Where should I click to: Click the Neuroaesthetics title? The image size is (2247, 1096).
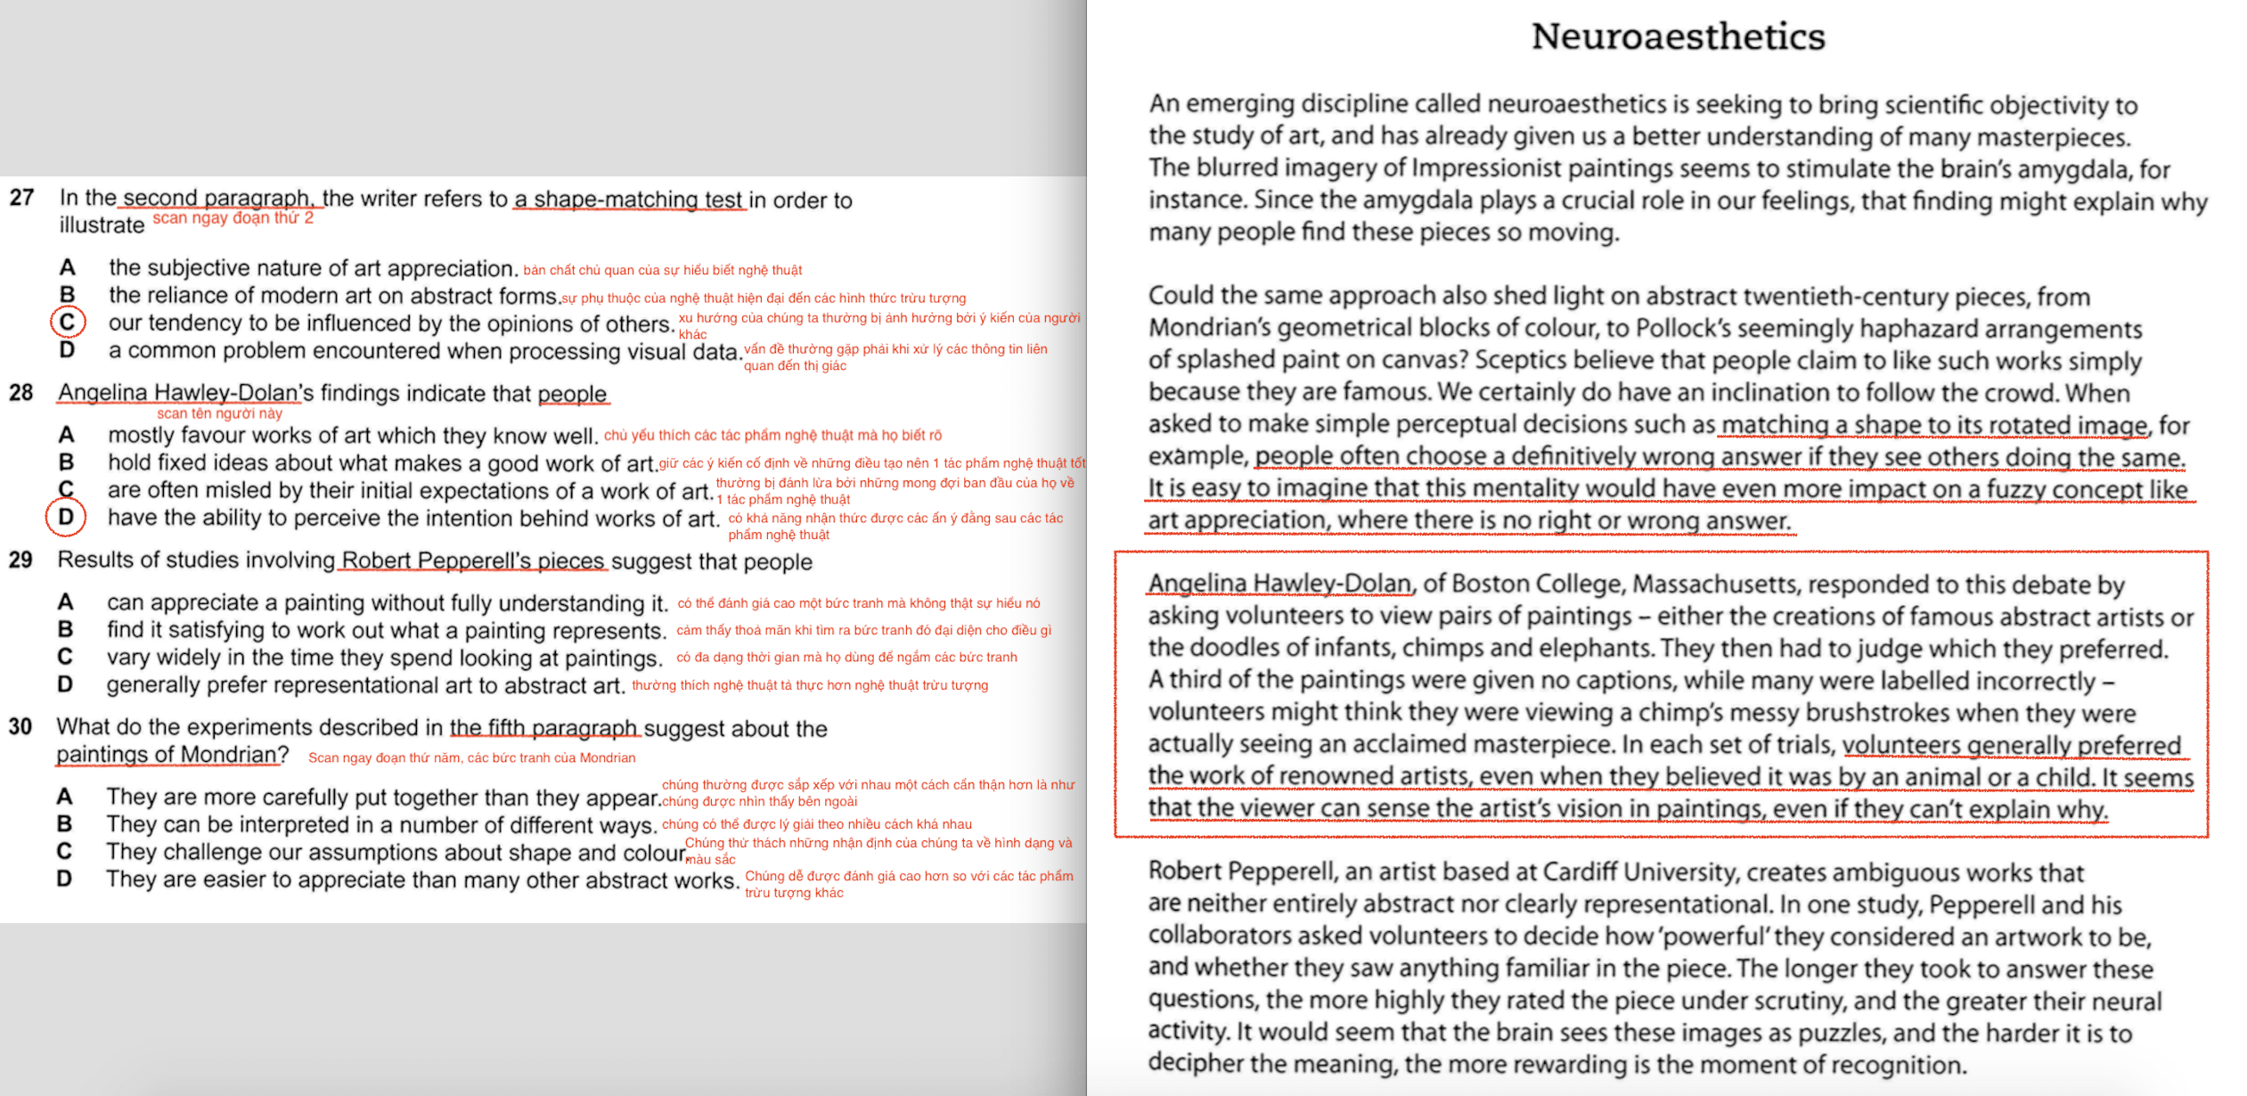[x=1678, y=37]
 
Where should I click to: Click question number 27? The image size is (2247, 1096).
[x=21, y=197]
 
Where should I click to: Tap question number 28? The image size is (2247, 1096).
[x=20, y=392]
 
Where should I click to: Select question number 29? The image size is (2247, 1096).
[x=20, y=560]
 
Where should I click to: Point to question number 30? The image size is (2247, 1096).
[x=20, y=726]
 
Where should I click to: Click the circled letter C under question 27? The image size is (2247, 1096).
[x=68, y=322]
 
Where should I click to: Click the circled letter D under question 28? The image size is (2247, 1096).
[x=66, y=517]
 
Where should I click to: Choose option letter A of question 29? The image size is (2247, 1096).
[x=65, y=602]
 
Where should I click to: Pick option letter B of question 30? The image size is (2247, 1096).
[x=64, y=823]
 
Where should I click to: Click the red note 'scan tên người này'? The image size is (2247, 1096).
[x=219, y=413]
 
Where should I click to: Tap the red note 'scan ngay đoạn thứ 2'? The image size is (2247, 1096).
[x=233, y=218]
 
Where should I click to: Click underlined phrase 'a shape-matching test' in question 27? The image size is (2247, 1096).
[x=628, y=200]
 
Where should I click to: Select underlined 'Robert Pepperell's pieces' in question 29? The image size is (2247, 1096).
[x=473, y=560]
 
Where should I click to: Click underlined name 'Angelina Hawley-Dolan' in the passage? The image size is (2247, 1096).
[x=1279, y=584]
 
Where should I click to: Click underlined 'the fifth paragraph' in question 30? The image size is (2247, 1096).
[x=543, y=728]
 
